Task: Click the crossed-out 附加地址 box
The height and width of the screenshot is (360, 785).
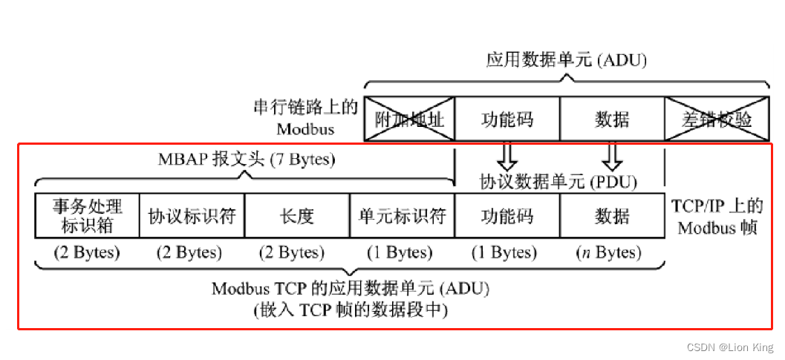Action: (x=409, y=119)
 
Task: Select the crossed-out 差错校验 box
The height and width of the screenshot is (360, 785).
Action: (x=716, y=119)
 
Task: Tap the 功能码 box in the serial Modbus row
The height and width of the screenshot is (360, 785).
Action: (x=506, y=119)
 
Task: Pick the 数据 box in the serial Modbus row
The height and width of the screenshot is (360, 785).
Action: (x=612, y=119)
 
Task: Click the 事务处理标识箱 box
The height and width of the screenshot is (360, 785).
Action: (x=87, y=215)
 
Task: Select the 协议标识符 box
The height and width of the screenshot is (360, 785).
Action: (x=192, y=215)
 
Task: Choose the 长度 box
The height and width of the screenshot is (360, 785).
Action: (x=296, y=215)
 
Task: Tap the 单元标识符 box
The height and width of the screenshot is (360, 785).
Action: (x=402, y=215)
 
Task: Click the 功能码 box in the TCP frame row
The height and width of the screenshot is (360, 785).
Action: (x=506, y=215)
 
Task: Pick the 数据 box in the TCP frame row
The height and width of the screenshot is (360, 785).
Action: (x=612, y=215)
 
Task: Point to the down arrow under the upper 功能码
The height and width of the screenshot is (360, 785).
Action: (x=506, y=157)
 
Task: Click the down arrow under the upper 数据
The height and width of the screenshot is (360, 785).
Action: (x=612, y=157)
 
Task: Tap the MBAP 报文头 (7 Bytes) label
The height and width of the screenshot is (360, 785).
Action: (x=247, y=160)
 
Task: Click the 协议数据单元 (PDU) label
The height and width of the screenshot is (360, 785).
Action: (x=558, y=180)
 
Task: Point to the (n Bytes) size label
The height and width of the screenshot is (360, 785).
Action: (x=608, y=252)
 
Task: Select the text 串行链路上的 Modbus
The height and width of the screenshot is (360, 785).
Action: (x=306, y=118)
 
